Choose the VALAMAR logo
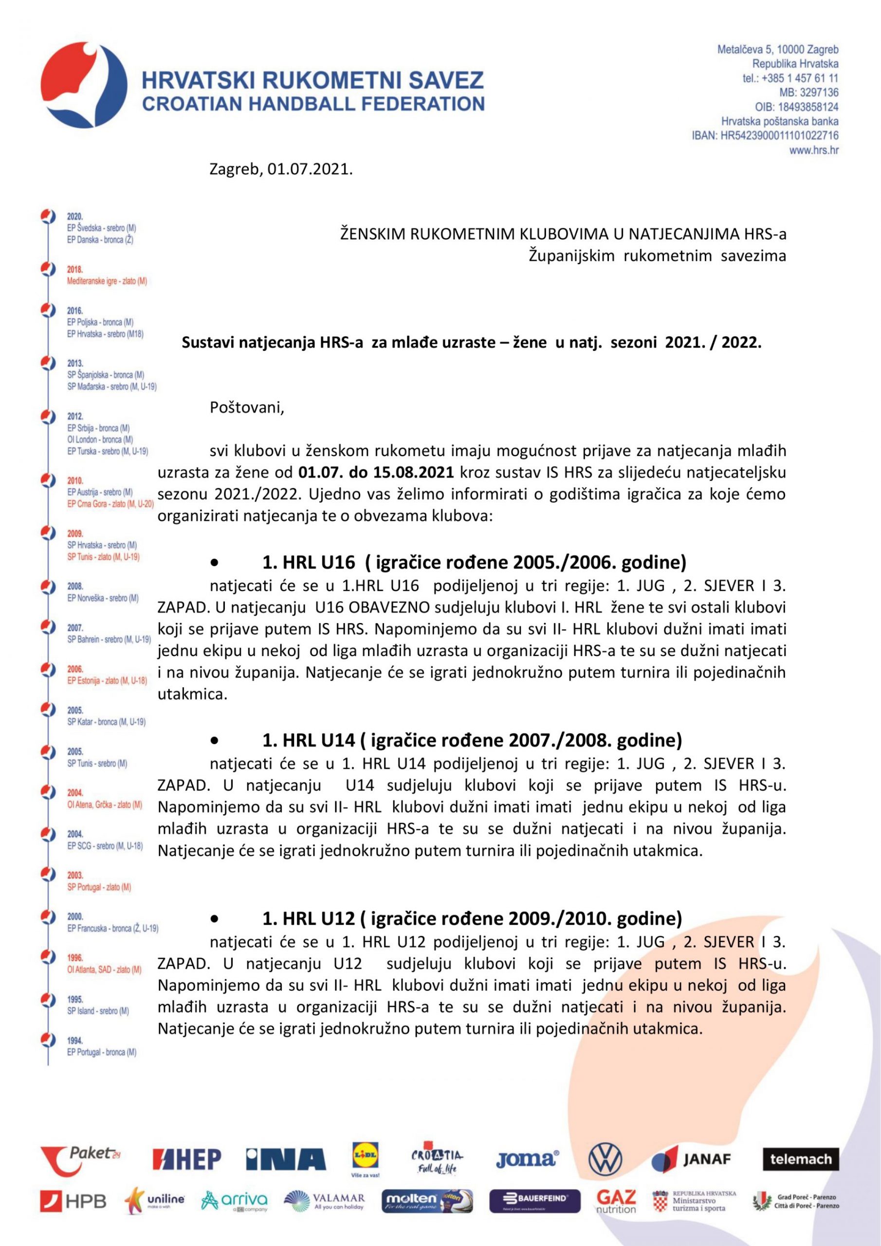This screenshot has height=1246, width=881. click(324, 1201)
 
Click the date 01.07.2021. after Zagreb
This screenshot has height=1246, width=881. click(310, 169)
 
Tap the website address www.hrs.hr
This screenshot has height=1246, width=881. click(814, 150)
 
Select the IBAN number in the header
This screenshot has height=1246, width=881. click(779, 136)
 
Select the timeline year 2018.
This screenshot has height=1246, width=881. click(75, 270)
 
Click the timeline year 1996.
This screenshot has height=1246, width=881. click(75, 958)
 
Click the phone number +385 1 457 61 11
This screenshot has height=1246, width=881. click(800, 78)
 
